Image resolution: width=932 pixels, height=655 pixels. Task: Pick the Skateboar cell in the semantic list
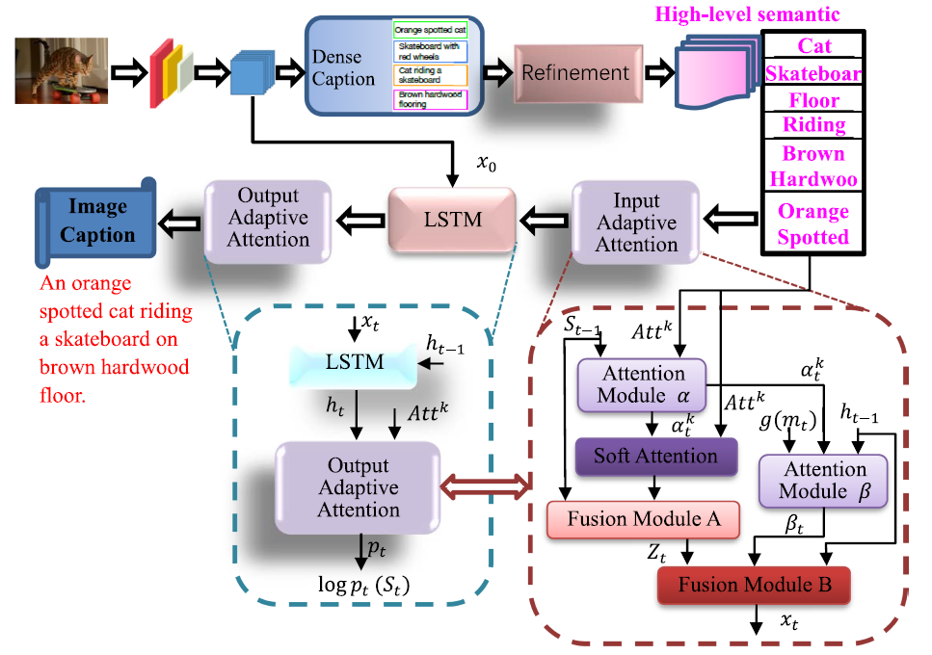(813, 73)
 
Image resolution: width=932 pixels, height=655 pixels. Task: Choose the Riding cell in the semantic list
(813, 124)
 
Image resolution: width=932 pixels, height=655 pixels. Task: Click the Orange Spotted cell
(813, 223)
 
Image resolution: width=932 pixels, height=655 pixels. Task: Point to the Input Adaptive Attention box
(636, 223)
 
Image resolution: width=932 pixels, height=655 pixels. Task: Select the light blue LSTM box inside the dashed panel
(354, 362)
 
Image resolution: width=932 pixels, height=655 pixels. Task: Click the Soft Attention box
(655, 456)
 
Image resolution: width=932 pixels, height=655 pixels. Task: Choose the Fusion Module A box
(643, 519)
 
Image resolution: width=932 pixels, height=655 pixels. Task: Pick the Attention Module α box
(642, 383)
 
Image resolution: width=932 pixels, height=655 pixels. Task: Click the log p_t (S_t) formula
(358, 585)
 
